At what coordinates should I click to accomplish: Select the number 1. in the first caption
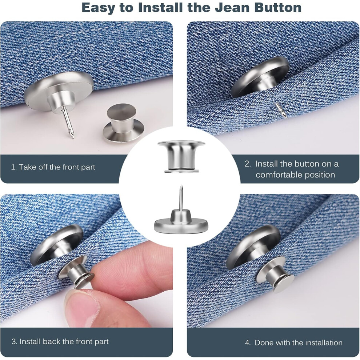point(13,167)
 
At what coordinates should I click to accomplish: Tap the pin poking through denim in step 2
point(281,110)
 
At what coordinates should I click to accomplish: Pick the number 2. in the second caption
point(248,164)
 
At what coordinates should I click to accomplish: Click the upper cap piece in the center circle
point(181,157)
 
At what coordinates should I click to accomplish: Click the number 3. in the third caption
point(14,341)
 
